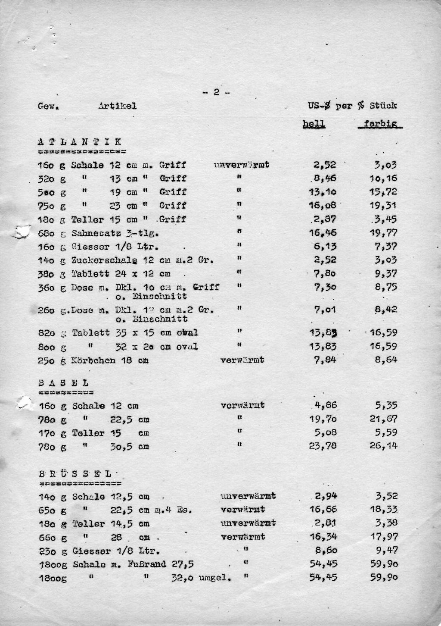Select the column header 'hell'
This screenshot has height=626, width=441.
pos(314,124)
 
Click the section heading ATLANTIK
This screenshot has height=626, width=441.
pos(80,142)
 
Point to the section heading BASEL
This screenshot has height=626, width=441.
pos(64,383)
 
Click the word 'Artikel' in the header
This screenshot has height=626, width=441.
pos(117,106)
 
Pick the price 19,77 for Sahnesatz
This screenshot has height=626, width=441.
pos(383,233)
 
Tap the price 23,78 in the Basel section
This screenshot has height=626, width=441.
pos(323,446)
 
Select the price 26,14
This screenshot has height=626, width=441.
pos(383,446)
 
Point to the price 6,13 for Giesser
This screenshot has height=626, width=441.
pos(326,246)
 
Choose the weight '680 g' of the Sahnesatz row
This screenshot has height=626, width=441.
pos(52,233)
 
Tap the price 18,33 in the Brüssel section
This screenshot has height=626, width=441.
pos(383,510)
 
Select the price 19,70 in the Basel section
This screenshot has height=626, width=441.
pos(323,419)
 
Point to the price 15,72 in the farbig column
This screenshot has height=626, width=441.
pos(383,192)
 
